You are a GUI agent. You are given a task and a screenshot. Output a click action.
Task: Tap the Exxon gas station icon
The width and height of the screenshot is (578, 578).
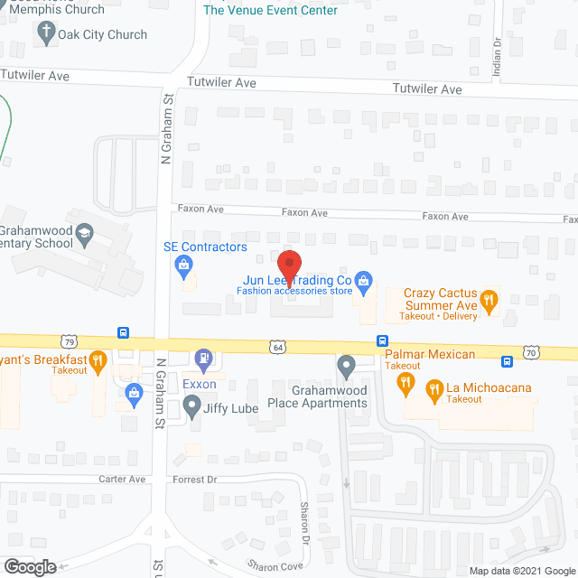pos(205,360)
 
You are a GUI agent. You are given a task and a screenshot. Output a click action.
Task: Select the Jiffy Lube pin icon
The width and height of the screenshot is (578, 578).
pos(191,408)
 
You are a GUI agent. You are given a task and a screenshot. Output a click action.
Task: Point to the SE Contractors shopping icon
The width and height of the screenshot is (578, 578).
pos(184,265)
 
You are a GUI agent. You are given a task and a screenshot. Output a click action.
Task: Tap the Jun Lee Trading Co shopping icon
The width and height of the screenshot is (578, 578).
pos(363,281)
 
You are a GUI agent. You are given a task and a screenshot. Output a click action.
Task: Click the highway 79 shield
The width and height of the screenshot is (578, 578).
pos(70,340)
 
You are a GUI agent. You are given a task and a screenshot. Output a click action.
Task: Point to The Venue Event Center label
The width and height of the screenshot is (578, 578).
pos(270,10)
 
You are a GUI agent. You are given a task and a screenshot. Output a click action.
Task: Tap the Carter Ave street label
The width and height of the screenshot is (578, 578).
pos(123,480)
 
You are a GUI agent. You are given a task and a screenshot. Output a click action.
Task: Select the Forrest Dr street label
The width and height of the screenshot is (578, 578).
pos(195,480)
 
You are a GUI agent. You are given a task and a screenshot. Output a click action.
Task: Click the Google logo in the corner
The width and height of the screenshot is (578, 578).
pos(29,566)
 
